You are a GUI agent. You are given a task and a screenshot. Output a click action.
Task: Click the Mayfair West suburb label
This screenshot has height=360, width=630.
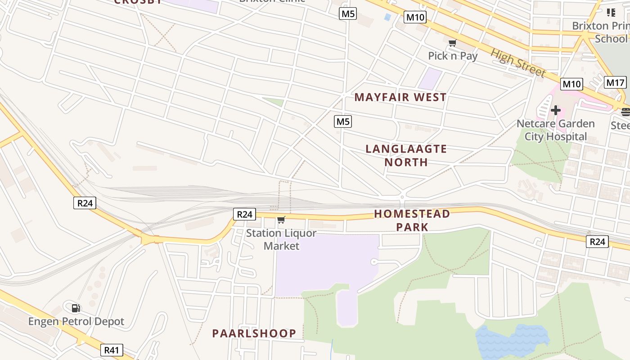coord(400,97)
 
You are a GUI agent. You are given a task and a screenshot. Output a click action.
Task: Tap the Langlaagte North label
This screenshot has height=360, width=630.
coord(406,155)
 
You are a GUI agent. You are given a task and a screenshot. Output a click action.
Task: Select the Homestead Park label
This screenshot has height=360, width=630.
coord(412,220)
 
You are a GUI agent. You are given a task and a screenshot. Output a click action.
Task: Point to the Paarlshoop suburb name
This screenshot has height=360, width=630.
coord(254,333)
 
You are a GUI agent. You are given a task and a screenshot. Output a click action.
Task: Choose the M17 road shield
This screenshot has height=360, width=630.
coord(615,83)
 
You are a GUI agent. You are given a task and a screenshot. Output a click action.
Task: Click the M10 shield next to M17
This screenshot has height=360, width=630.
coord(571,84)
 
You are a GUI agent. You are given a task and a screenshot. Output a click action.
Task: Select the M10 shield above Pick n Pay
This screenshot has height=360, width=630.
coord(415,18)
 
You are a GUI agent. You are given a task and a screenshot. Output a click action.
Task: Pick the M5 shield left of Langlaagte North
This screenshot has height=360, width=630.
coord(343,121)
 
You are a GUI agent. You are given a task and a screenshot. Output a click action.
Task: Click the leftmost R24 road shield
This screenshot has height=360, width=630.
coord(85,203)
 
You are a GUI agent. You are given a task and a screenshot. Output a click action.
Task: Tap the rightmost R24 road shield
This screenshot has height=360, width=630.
coord(597,242)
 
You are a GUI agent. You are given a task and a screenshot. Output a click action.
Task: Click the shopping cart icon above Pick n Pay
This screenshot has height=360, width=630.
coord(452,43)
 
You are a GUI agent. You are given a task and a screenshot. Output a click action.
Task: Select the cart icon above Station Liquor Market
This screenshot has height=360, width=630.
coord(281,220)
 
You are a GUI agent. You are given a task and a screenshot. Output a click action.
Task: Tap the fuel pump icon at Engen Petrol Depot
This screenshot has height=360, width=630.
coord(76,308)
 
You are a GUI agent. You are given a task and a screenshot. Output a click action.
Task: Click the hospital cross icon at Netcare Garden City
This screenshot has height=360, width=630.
coord(556,110)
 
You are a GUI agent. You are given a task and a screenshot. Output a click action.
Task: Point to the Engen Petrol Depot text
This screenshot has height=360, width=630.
coord(76,322)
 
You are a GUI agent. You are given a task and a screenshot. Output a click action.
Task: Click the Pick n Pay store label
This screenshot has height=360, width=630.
coord(453,56)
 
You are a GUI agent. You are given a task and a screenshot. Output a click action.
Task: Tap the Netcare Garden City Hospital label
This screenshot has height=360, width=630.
coord(555,130)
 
